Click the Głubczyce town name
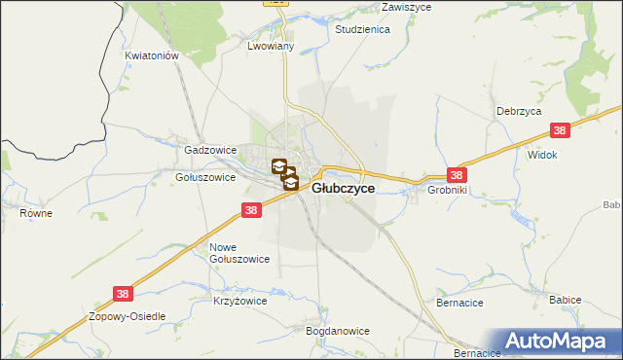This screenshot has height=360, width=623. click(343, 190)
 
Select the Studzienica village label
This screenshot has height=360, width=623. click(362, 30)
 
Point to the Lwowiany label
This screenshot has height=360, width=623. click(271, 47)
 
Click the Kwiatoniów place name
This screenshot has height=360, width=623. click(153, 56)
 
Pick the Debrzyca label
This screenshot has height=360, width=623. click(518, 111)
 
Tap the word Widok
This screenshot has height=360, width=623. click(541, 155)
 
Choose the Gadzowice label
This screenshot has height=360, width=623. click(210, 151)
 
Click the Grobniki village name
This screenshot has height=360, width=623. click(448, 191)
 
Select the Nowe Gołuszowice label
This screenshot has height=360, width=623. click(239, 253)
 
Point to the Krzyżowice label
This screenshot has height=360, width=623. click(240, 302)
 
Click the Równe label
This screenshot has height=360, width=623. click(35, 211)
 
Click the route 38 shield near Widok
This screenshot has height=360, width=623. click(559, 130)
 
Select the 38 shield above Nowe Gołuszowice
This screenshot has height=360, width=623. click(251, 210)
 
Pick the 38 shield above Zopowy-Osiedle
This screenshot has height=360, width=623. click(122, 292)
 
